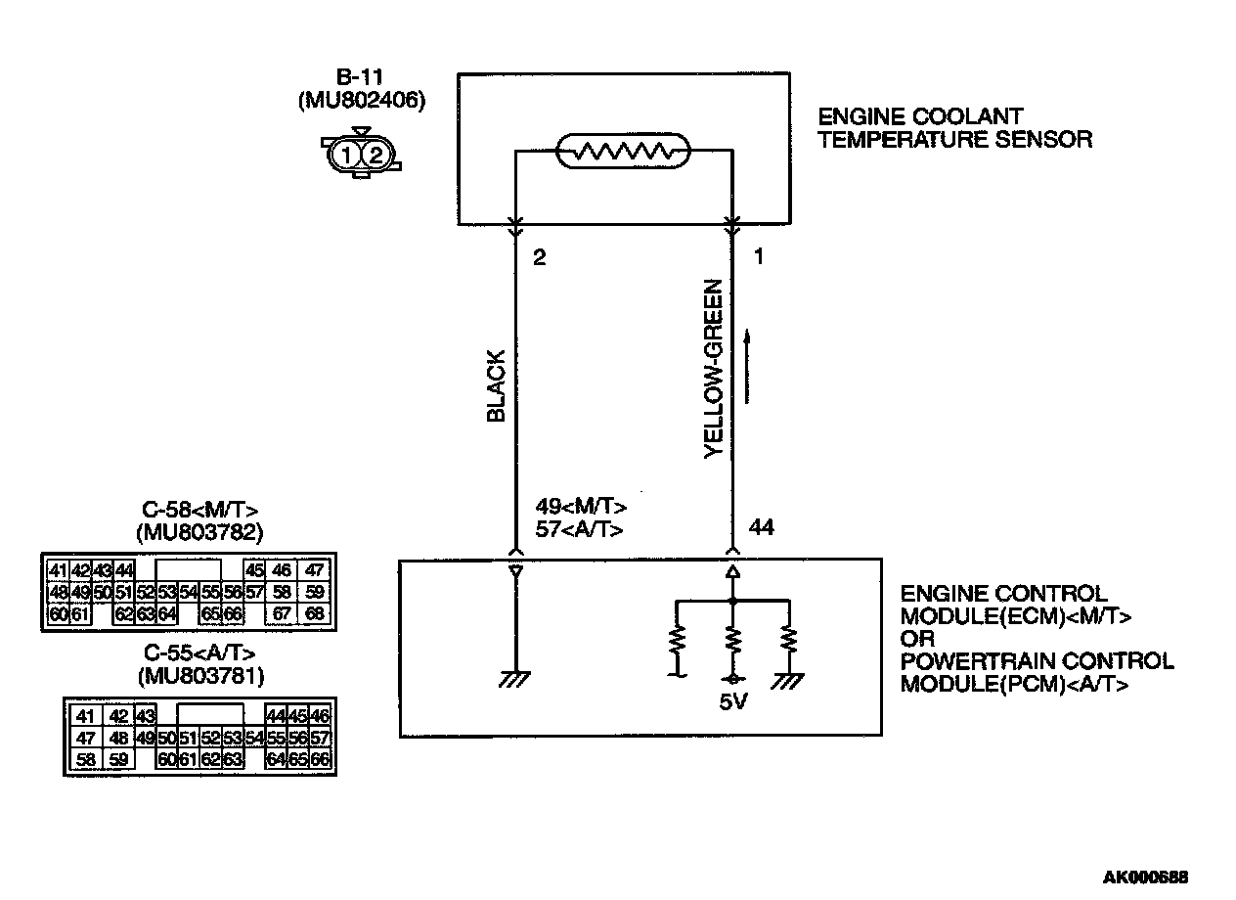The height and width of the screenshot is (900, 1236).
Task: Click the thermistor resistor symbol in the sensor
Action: pos(623,152)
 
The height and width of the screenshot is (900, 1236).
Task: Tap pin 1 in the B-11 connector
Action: pos(345,154)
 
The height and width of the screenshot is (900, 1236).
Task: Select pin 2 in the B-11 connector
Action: pos(376,154)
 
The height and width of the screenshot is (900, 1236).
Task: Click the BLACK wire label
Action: pos(496,385)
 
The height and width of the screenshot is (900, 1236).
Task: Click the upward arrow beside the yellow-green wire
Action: pos(748,366)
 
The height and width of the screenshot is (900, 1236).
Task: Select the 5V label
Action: pos(731,703)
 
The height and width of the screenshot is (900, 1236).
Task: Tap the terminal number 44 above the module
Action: pos(762,528)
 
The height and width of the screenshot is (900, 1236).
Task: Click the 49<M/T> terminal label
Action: pos(581,507)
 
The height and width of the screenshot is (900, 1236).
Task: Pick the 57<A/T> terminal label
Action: pos(580,528)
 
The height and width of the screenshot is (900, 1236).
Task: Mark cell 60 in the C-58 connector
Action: pos(58,614)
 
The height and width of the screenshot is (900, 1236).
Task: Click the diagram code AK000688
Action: pos(1145,877)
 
